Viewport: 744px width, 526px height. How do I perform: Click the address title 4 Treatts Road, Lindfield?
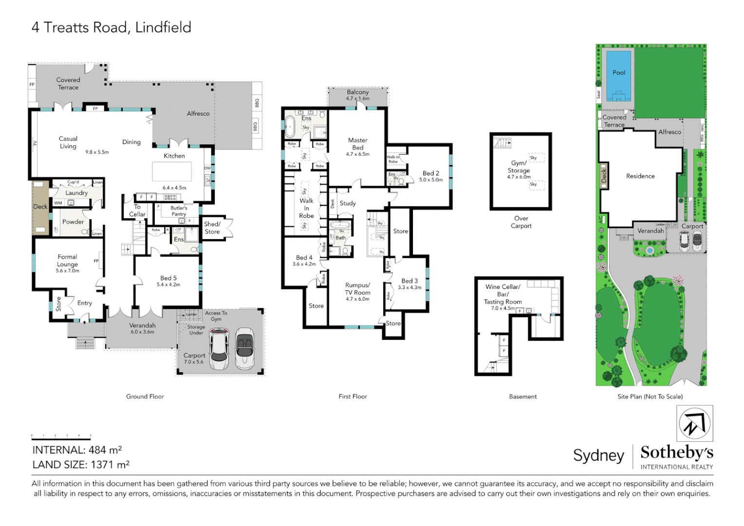111,27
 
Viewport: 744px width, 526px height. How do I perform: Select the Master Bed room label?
357,144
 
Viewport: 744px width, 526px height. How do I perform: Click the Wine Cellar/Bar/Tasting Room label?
502,294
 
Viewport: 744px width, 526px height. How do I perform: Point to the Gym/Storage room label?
519,167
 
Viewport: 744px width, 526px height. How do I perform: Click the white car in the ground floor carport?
219,348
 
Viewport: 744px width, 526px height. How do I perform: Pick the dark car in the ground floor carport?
244,348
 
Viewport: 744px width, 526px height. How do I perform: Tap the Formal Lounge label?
67,261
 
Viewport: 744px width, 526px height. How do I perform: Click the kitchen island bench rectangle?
171,171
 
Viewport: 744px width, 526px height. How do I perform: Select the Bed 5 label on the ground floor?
168,279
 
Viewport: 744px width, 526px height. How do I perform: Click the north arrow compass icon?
694,424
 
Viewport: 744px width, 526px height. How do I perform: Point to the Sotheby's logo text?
676,453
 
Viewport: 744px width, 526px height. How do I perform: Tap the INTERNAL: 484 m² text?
77,450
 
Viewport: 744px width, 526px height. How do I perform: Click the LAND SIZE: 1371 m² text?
81,465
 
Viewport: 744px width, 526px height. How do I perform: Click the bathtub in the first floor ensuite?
290,127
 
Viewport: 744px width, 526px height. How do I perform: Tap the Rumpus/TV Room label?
357,289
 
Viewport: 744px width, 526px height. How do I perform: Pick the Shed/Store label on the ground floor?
212,228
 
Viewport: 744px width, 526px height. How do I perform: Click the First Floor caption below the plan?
353,396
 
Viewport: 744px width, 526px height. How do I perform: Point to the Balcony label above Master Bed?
357,93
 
